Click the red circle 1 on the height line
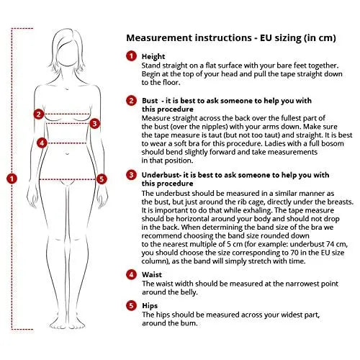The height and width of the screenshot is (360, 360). pyautogui.click(x=12, y=179)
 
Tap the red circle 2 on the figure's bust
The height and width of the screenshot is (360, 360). pyautogui.click(x=39, y=114)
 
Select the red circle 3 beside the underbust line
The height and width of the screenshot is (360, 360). pyautogui.click(x=95, y=123)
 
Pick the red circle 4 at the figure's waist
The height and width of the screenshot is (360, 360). pyautogui.click(x=42, y=143)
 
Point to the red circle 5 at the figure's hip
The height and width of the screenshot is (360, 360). pyautogui.click(x=102, y=179)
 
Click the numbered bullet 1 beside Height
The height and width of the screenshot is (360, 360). pyautogui.click(x=131, y=56)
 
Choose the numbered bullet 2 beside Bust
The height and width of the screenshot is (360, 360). pyautogui.click(x=131, y=100)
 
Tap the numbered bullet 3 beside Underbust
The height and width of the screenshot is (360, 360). pyautogui.click(x=131, y=175)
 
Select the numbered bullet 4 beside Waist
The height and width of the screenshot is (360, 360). pyautogui.click(x=131, y=274)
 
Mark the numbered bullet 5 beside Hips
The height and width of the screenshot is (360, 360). pyautogui.click(x=131, y=305)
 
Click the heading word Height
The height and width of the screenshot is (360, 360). pyautogui.click(x=153, y=57)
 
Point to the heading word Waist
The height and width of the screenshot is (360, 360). pyautogui.click(x=152, y=274)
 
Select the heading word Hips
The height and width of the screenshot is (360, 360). pyautogui.click(x=150, y=306)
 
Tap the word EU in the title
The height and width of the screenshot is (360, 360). pyautogui.click(x=266, y=38)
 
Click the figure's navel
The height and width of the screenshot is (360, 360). pyautogui.click(x=67, y=153)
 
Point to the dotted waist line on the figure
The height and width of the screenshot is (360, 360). pyautogui.click(x=67, y=143)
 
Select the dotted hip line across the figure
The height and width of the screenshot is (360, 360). pyautogui.click(x=68, y=179)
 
